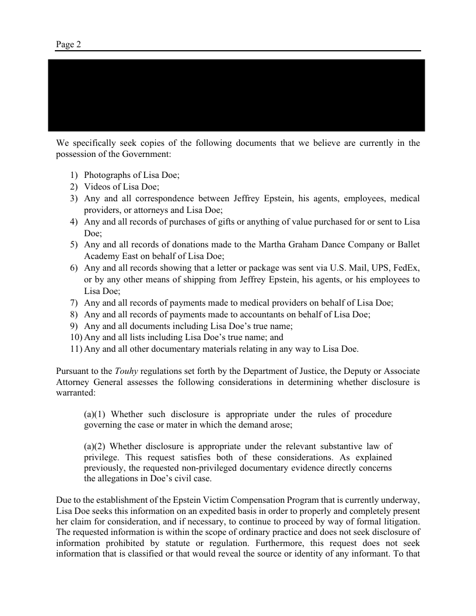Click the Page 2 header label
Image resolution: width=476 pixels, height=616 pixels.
coord(68,44)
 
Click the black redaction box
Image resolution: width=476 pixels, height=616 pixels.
coord(236,95)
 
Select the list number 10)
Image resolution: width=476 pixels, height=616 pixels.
coord(76,337)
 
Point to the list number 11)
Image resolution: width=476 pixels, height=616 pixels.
coord(76,349)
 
